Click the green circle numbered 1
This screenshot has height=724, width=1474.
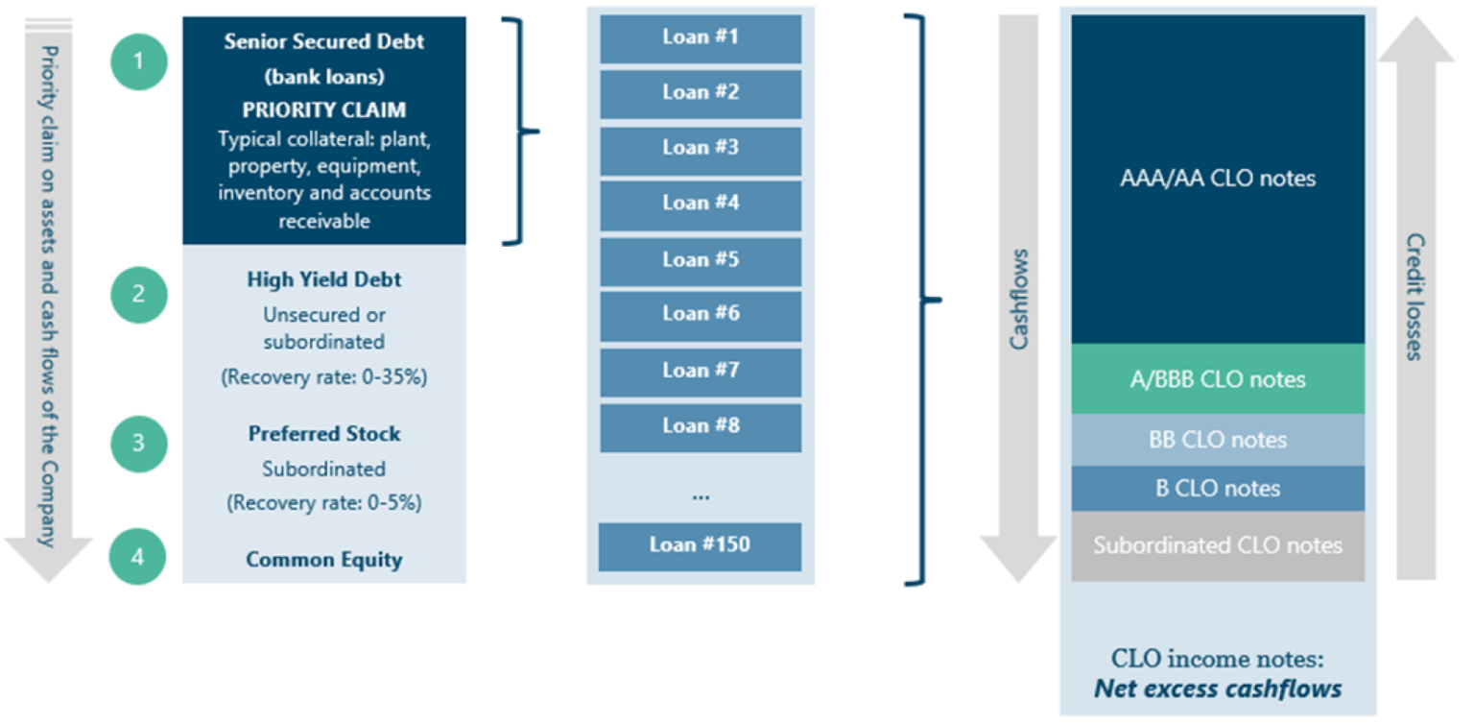tap(139, 61)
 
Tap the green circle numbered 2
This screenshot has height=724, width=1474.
tap(139, 293)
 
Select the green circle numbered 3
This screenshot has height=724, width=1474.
tap(139, 443)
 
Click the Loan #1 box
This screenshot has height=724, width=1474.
tap(701, 37)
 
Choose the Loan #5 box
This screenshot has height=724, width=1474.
tap(701, 260)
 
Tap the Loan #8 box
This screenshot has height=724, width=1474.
tap(701, 426)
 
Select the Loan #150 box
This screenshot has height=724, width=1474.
tap(700, 545)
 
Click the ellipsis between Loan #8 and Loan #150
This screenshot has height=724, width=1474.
tap(701, 495)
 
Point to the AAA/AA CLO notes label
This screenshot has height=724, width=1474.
tap(1218, 179)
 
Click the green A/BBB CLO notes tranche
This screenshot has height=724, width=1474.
tap(1218, 379)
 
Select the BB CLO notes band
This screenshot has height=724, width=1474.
tap(1218, 440)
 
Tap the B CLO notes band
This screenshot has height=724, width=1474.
tap(1218, 489)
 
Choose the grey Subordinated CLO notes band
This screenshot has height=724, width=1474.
tap(1218, 545)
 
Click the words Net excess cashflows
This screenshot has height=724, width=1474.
tap(1218, 688)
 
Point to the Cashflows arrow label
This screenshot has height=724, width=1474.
tap(1018, 300)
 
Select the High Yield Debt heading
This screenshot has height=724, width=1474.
tap(324, 280)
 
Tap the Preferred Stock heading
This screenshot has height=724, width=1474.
tap(324, 434)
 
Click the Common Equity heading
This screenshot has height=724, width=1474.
tap(324, 560)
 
